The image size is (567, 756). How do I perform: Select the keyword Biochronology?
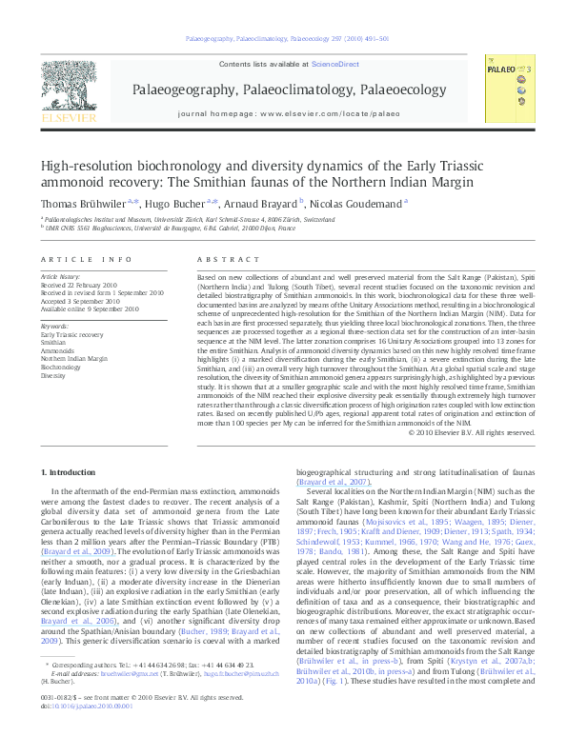pos(60,367)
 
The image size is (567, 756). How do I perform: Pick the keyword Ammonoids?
pos(56,351)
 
